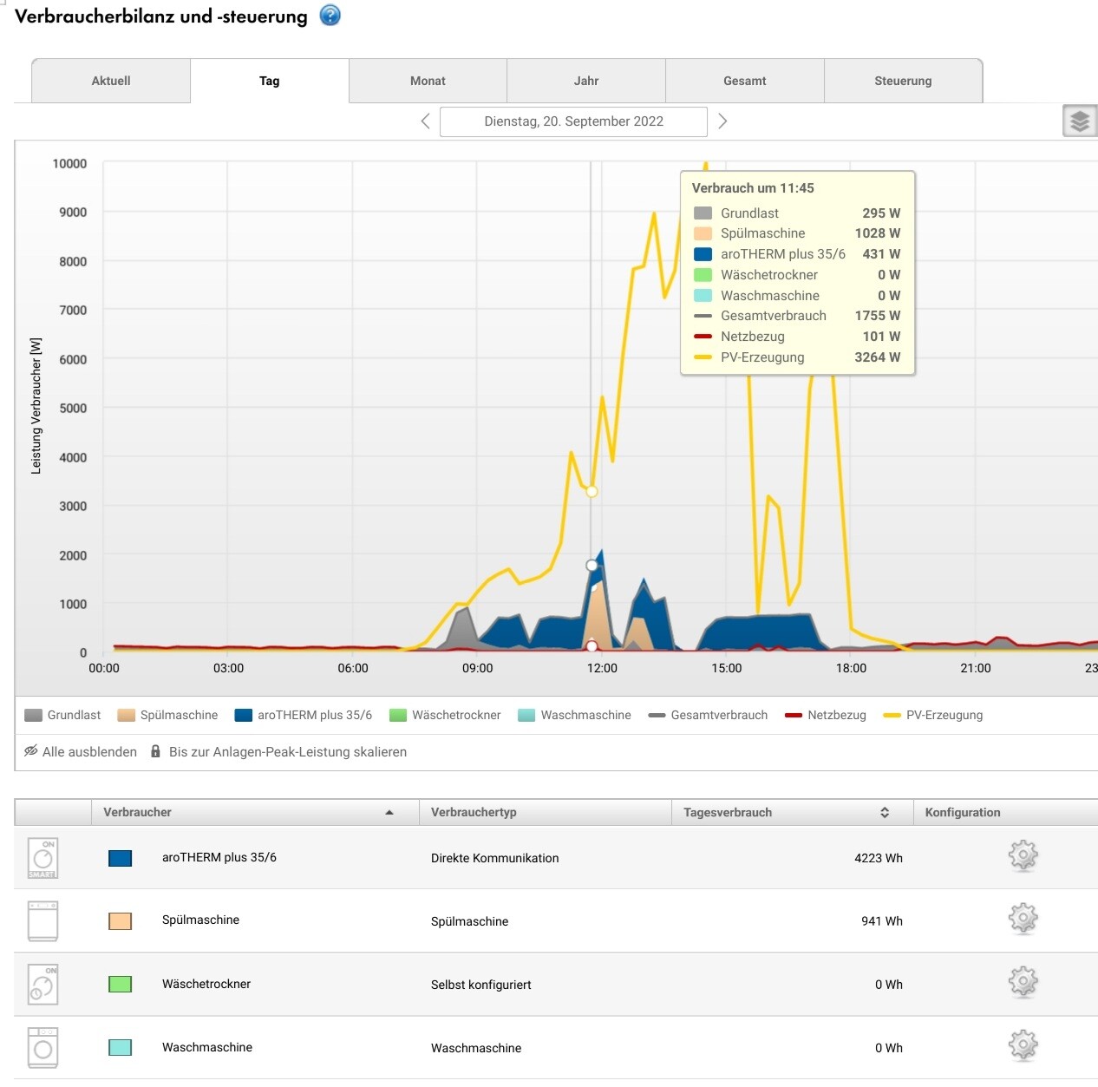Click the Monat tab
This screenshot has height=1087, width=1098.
pos(428,81)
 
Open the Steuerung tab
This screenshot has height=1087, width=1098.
pos(903,81)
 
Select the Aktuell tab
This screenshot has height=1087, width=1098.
pos(111,81)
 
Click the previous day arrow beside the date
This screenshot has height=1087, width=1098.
pos(425,121)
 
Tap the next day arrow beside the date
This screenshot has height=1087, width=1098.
pos(722,121)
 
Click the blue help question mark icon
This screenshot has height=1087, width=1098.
pos(330,16)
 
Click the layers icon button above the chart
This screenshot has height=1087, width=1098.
pos(1079,121)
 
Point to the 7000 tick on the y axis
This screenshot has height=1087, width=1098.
pos(73,310)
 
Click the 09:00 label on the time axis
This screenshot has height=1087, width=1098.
pos(477,668)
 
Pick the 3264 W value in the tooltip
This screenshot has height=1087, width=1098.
pos(877,357)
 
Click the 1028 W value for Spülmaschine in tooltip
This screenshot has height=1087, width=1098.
pos(877,233)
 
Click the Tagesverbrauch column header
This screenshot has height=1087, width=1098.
pos(728,812)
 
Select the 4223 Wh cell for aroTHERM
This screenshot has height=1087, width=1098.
pos(878,858)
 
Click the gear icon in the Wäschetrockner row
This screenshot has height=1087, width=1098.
pos(1023,983)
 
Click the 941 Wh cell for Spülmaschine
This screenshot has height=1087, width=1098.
pos(881,921)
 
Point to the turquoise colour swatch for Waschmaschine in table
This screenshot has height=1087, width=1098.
pos(120,1047)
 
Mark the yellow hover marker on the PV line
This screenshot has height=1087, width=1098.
pos(591,491)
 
